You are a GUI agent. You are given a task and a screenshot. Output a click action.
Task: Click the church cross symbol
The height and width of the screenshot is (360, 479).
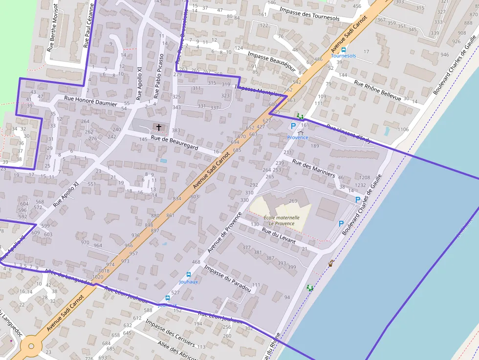click(x=158, y=127)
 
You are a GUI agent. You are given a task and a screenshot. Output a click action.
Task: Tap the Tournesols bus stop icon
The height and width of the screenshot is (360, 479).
click(x=343, y=50)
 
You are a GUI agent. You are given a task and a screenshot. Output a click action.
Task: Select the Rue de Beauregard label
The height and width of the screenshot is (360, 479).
click(x=174, y=143)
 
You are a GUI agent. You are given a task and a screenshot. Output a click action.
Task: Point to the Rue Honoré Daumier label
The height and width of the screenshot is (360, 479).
click(x=91, y=101)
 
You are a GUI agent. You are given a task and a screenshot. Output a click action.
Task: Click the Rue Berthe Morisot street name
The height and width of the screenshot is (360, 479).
click(x=52, y=28)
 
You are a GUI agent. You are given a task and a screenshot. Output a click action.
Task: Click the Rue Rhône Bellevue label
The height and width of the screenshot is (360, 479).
click(x=377, y=90)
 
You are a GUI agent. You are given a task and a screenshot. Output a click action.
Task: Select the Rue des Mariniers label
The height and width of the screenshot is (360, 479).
click(x=313, y=168)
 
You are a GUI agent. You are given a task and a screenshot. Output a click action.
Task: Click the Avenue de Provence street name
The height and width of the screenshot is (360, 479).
click(x=224, y=232)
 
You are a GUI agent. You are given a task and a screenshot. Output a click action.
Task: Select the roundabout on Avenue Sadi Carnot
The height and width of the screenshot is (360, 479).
click(x=31, y=346)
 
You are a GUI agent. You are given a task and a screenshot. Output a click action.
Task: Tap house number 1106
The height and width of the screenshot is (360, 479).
click(x=403, y=129)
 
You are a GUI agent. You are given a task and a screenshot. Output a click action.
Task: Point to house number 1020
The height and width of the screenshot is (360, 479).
click(x=97, y=277)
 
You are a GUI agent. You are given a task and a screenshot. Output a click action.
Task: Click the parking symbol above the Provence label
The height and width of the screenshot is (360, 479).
click(x=293, y=126)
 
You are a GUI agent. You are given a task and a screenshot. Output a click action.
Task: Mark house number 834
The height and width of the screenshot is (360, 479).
click(x=176, y=198)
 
